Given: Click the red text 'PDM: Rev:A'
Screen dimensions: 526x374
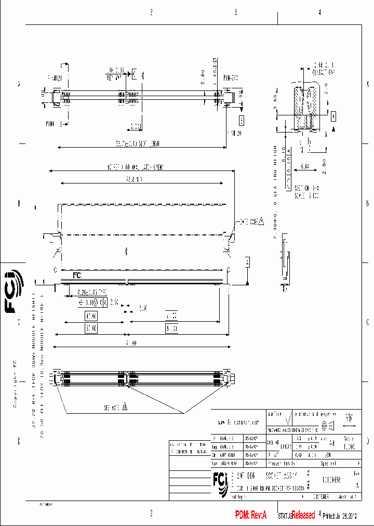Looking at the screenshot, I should [251, 515].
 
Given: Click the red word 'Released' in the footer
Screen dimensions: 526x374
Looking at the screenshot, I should [303, 515].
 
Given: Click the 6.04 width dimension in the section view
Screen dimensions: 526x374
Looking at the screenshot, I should [304, 168].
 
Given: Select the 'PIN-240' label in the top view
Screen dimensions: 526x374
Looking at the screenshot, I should [230, 78].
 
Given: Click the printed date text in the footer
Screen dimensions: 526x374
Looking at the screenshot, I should [340, 516].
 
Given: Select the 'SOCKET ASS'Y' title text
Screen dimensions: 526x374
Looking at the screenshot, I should [282, 475].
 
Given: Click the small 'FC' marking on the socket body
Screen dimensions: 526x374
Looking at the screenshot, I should [77, 275].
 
